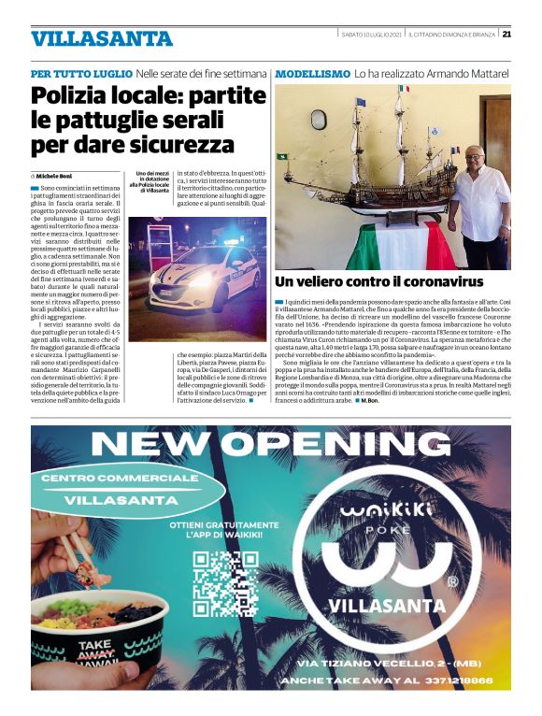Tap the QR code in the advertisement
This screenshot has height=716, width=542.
pyautogui.click(x=225, y=580)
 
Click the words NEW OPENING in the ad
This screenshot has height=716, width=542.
pyautogui.click(x=271, y=442)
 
